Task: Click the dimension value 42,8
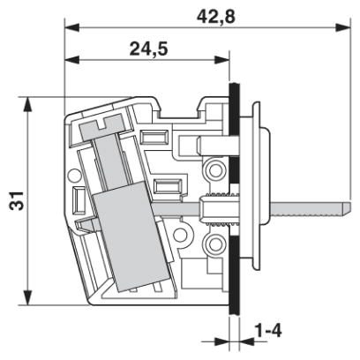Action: point(216,17)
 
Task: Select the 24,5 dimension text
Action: point(149,49)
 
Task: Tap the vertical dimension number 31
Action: point(17,200)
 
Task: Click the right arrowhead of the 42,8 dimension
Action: point(343,27)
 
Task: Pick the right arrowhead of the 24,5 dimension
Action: point(221,60)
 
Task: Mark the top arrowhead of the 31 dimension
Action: point(27,105)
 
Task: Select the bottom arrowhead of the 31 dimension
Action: point(27,298)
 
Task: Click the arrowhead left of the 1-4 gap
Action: point(221,341)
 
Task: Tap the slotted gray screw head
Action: point(102,127)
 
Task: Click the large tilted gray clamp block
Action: point(130,236)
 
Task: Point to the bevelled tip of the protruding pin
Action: point(346,207)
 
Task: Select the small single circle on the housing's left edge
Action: point(73,176)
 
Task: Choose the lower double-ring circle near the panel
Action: point(216,244)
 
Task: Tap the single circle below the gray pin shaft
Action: point(179,235)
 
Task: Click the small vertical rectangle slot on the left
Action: point(79,200)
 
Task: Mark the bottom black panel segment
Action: point(235,276)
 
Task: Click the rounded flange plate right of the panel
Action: point(256,185)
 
